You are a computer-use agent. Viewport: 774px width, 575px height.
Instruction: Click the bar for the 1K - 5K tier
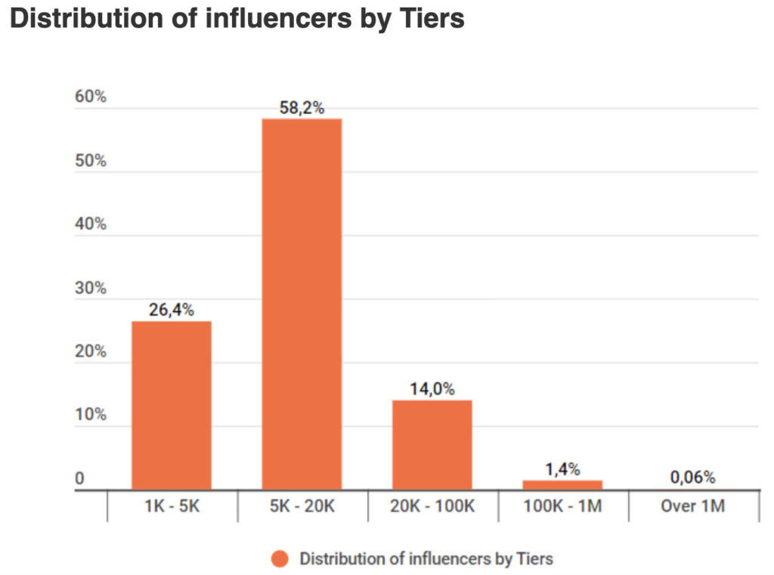coord(172,405)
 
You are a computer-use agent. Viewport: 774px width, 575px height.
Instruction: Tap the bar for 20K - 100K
coord(432,444)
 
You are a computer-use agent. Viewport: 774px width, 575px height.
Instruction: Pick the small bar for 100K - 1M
coord(562,484)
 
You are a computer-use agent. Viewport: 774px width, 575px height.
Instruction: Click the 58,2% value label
coord(302,108)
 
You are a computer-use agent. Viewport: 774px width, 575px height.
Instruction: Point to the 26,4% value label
coord(172,309)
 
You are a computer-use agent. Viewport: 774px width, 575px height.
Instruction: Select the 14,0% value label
coord(432,389)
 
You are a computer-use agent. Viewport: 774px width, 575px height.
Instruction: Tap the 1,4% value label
coord(562,469)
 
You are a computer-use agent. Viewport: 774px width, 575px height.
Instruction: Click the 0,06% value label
coord(692,478)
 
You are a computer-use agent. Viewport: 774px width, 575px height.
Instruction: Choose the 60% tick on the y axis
coord(91,97)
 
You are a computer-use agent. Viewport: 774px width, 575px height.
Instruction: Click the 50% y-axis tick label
coord(91,161)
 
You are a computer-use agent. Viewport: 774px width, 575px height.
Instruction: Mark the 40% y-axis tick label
coord(91,224)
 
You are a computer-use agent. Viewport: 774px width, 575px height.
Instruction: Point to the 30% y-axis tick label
coord(91,288)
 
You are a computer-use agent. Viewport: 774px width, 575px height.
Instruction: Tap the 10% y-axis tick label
coord(91,415)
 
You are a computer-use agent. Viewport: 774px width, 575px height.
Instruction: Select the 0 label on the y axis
coord(79,479)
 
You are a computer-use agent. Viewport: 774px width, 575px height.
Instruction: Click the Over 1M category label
coord(692,505)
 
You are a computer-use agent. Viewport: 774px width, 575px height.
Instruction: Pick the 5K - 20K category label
coord(302,505)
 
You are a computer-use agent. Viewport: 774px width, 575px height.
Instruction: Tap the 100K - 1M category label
coord(562,505)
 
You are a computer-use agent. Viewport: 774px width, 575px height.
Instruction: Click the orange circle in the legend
coord(280,559)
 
